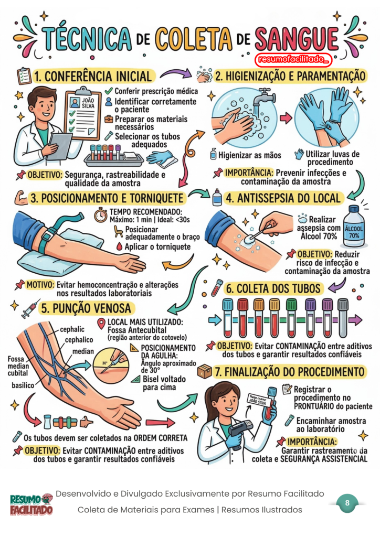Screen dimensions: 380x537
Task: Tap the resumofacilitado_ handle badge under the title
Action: coord(293,59)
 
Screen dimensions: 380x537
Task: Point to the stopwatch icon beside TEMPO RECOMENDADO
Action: coord(101,215)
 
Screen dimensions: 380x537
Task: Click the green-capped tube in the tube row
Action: coord(291,317)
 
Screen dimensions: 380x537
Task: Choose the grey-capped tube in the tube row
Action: coord(343,318)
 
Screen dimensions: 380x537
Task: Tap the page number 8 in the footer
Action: coord(347,503)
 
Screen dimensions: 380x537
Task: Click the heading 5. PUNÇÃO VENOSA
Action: coord(86,308)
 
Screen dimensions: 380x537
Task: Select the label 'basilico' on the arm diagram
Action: coord(23,385)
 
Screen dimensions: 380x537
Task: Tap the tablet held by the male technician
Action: coord(60,146)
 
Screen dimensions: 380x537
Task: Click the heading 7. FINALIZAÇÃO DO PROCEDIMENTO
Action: coord(290,372)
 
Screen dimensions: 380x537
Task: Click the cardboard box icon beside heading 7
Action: coord(205,371)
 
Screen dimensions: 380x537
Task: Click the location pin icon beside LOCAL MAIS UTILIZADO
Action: coord(101,324)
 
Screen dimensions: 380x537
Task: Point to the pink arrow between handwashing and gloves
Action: coord(286,118)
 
